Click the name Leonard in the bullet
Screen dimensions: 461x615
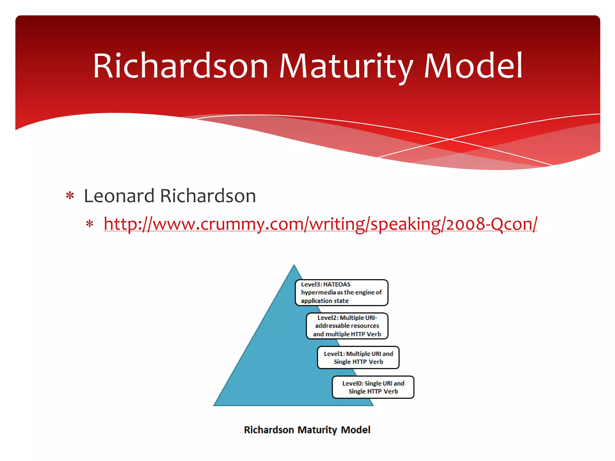pyautogui.click(x=119, y=196)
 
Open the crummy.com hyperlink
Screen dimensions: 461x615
pyautogui.click(x=320, y=224)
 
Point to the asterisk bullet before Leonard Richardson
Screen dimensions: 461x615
pyautogui.click(x=70, y=196)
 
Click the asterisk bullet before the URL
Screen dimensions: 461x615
pyautogui.click(x=89, y=224)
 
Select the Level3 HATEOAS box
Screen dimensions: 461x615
pyautogui.click(x=341, y=293)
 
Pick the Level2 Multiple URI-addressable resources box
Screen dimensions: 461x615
pyautogui.click(x=347, y=326)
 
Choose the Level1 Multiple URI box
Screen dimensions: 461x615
pyautogui.click(x=358, y=357)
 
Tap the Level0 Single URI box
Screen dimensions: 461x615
pyautogui.click(x=373, y=387)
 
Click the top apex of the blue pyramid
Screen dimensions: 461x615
pyautogui.click(x=294, y=266)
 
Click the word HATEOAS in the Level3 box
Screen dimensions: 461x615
pyautogui.click(x=337, y=284)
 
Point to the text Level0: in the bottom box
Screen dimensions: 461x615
pyautogui.click(x=353, y=383)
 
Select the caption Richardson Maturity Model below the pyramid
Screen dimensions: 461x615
pyautogui.click(x=307, y=430)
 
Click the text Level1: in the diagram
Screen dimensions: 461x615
pyautogui.click(x=334, y=354)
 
